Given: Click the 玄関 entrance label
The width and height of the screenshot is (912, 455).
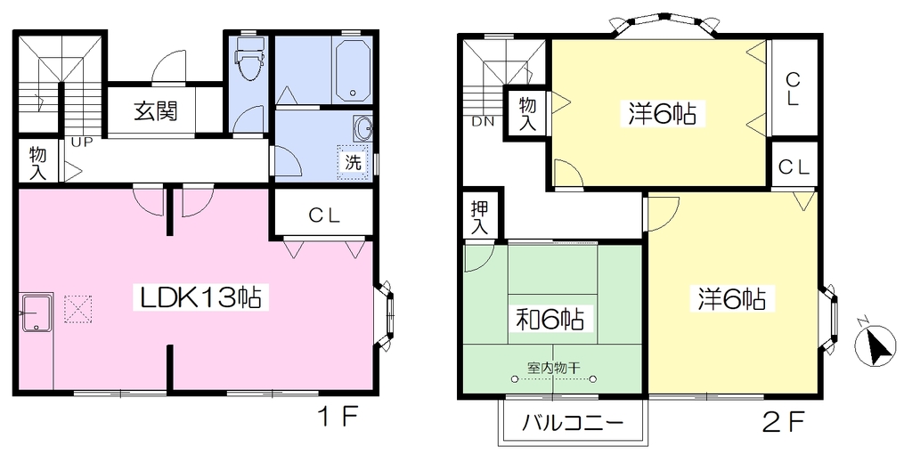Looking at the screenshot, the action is click(x=155, y=111).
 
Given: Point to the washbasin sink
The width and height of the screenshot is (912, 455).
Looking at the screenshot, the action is click(x=363, y=128).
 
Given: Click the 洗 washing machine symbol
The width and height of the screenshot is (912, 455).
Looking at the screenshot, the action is click(x=354, y=162).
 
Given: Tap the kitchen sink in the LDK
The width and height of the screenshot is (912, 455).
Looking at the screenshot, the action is click(x=37, y=313).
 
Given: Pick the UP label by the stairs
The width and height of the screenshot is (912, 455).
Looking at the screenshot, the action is click(x=83, y=142).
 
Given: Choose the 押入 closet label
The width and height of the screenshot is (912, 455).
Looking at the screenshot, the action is click(x=479, y=216).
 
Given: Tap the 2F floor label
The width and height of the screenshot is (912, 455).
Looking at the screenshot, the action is click(x=782, y=418).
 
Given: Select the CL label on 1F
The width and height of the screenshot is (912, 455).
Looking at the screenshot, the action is click(x=324, y=215).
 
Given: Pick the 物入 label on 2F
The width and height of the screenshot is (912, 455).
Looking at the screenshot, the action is click(x=527, y=114).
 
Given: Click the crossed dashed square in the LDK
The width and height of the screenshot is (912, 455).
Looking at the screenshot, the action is click(x=78, y=308).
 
